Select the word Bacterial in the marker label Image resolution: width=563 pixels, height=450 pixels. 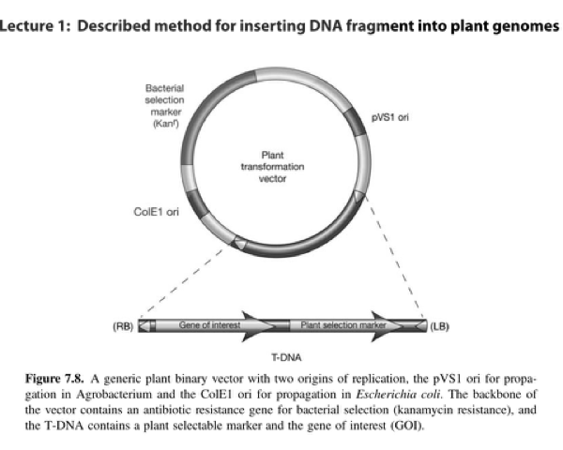click(165, 89)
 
